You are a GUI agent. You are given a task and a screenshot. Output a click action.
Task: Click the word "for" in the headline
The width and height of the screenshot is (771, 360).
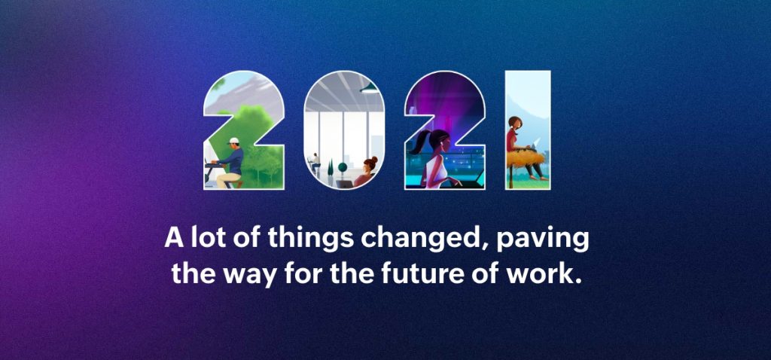click(304, 274)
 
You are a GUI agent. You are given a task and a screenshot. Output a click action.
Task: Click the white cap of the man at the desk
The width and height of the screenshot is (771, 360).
click(234, 141)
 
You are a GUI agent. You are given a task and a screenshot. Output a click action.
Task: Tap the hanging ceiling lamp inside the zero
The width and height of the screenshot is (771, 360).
click(369, 89)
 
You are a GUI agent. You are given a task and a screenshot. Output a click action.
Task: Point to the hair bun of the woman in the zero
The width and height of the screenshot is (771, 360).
click(373, 160)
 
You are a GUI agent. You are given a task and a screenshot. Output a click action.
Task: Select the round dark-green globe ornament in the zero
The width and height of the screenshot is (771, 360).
click(343, 167)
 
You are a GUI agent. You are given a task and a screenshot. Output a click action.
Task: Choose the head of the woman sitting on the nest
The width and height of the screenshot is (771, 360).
click(515, 122)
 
